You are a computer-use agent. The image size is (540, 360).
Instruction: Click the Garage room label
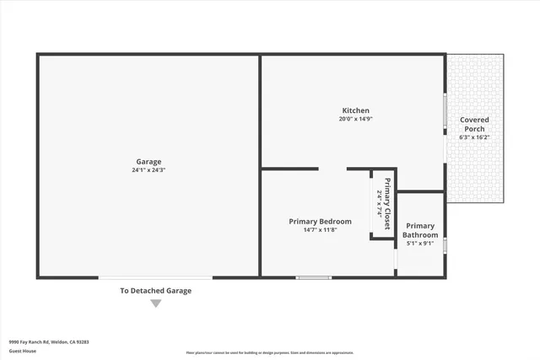point(148,162)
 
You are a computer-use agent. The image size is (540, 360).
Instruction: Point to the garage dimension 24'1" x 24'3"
point(148,170)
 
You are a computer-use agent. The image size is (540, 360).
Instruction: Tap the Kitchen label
point(355,111)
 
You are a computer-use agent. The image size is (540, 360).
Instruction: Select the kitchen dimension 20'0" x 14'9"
point(355,120)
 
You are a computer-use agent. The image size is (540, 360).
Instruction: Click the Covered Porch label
point(474,124)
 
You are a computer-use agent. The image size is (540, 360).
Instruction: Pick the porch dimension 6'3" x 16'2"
point(474,137)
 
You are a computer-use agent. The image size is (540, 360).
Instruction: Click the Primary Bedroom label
point(320,222)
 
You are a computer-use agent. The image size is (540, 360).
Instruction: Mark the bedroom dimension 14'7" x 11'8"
point(320,230)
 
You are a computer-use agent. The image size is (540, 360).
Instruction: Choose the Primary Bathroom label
point(420,230)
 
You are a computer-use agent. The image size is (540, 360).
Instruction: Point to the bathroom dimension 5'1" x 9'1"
point(420,244)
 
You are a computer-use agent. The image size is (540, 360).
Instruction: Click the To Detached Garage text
point(155,291)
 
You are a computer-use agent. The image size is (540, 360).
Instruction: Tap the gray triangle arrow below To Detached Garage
point(155,304)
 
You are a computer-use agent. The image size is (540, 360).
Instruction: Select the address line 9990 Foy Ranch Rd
point(49,342)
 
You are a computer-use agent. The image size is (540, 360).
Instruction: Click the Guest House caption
point(22,351)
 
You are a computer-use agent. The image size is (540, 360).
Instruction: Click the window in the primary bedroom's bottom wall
point(314,277)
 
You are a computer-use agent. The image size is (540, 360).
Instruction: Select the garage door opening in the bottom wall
point(155,277)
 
